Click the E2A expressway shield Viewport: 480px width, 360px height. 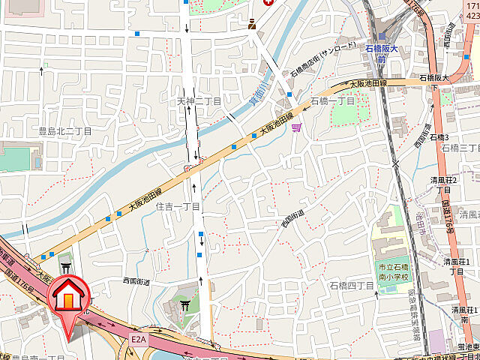(138, 340)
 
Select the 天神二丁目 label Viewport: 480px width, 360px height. (199, 101)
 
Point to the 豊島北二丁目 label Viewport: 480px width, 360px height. (65, 131)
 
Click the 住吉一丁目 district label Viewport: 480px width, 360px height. (178, 206)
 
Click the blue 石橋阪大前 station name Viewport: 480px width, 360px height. (386, 53)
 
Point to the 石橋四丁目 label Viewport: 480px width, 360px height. (352, 285)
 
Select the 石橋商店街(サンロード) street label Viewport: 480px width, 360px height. (316, 64)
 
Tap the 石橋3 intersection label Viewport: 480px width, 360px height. (439, 138)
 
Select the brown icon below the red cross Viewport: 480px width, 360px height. (253, 24)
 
